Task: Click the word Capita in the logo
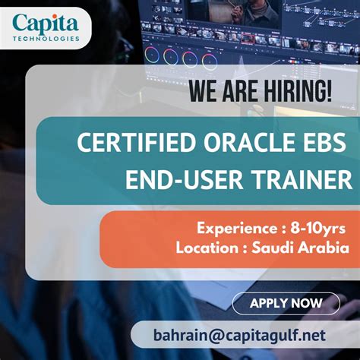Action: click(x=45, y=23)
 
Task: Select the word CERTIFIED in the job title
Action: click(x=123, y=143)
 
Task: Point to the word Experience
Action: click(x=236, y=228)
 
